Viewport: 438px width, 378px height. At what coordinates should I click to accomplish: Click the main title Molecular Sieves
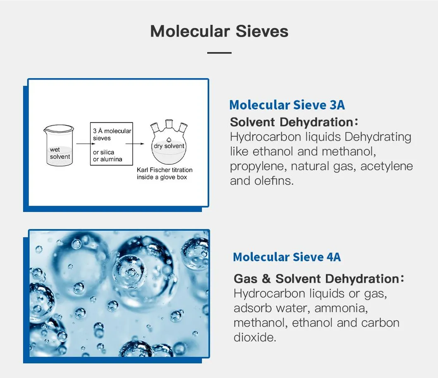coord(219,31)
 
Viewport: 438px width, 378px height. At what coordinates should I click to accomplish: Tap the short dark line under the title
coord(219,53)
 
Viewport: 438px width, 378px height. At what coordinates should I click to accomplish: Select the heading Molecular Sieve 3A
coord(287,105)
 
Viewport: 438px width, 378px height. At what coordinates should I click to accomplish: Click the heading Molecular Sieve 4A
coord(287,257)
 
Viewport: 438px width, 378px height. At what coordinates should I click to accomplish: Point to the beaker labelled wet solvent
coord(59,145)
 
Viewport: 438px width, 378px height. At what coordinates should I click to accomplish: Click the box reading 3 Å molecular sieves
coord(111,144)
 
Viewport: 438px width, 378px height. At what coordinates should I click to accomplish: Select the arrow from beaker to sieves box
coord(86,144)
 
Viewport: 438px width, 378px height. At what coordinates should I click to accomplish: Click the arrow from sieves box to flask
coord(135,144)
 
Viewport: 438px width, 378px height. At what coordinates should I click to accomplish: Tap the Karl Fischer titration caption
coord(165,173)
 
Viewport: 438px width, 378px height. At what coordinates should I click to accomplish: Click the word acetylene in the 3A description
coord(387,166)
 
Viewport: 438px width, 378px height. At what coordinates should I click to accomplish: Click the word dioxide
coord(254,337)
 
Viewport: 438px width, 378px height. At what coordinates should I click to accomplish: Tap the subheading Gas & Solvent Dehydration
coord(317,279)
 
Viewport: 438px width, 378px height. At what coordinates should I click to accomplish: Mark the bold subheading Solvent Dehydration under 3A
coord(292,122)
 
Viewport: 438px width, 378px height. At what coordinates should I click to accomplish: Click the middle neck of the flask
coord(169,124)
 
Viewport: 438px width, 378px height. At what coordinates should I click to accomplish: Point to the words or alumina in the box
coord(108,159)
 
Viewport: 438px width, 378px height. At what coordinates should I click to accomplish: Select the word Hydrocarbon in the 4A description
coord(266,294)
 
